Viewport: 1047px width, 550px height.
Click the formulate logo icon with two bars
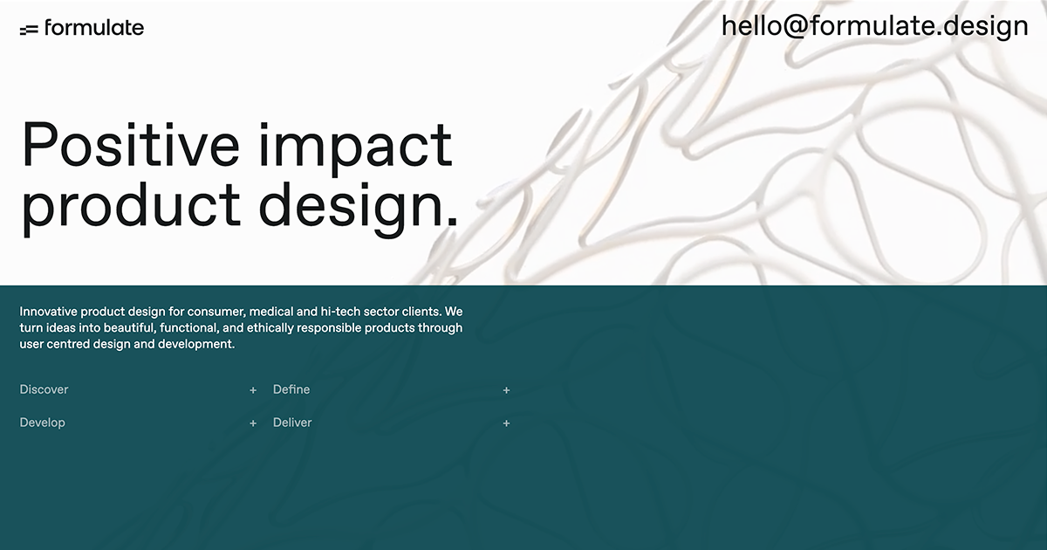click(29, 30)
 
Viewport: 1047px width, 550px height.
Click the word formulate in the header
click(94, 27)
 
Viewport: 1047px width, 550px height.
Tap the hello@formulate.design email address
click(874, 26)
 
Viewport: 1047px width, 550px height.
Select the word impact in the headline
click(355, 146)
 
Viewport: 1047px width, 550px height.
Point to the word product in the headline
click(130, 206)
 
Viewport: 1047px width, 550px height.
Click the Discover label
click(44, 389)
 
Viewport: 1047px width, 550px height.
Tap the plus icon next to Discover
click(253, 390)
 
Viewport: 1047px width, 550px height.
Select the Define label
click(291, 389)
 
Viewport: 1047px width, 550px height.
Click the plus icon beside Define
click(506, 390)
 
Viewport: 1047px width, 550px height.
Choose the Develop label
click(43, 423)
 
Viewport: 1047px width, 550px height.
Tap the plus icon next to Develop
click(253, 423)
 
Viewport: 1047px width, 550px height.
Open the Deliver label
click(292, 423)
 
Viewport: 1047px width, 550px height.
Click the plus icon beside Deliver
click(506, 423)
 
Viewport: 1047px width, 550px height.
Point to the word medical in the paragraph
click(271, 311)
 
